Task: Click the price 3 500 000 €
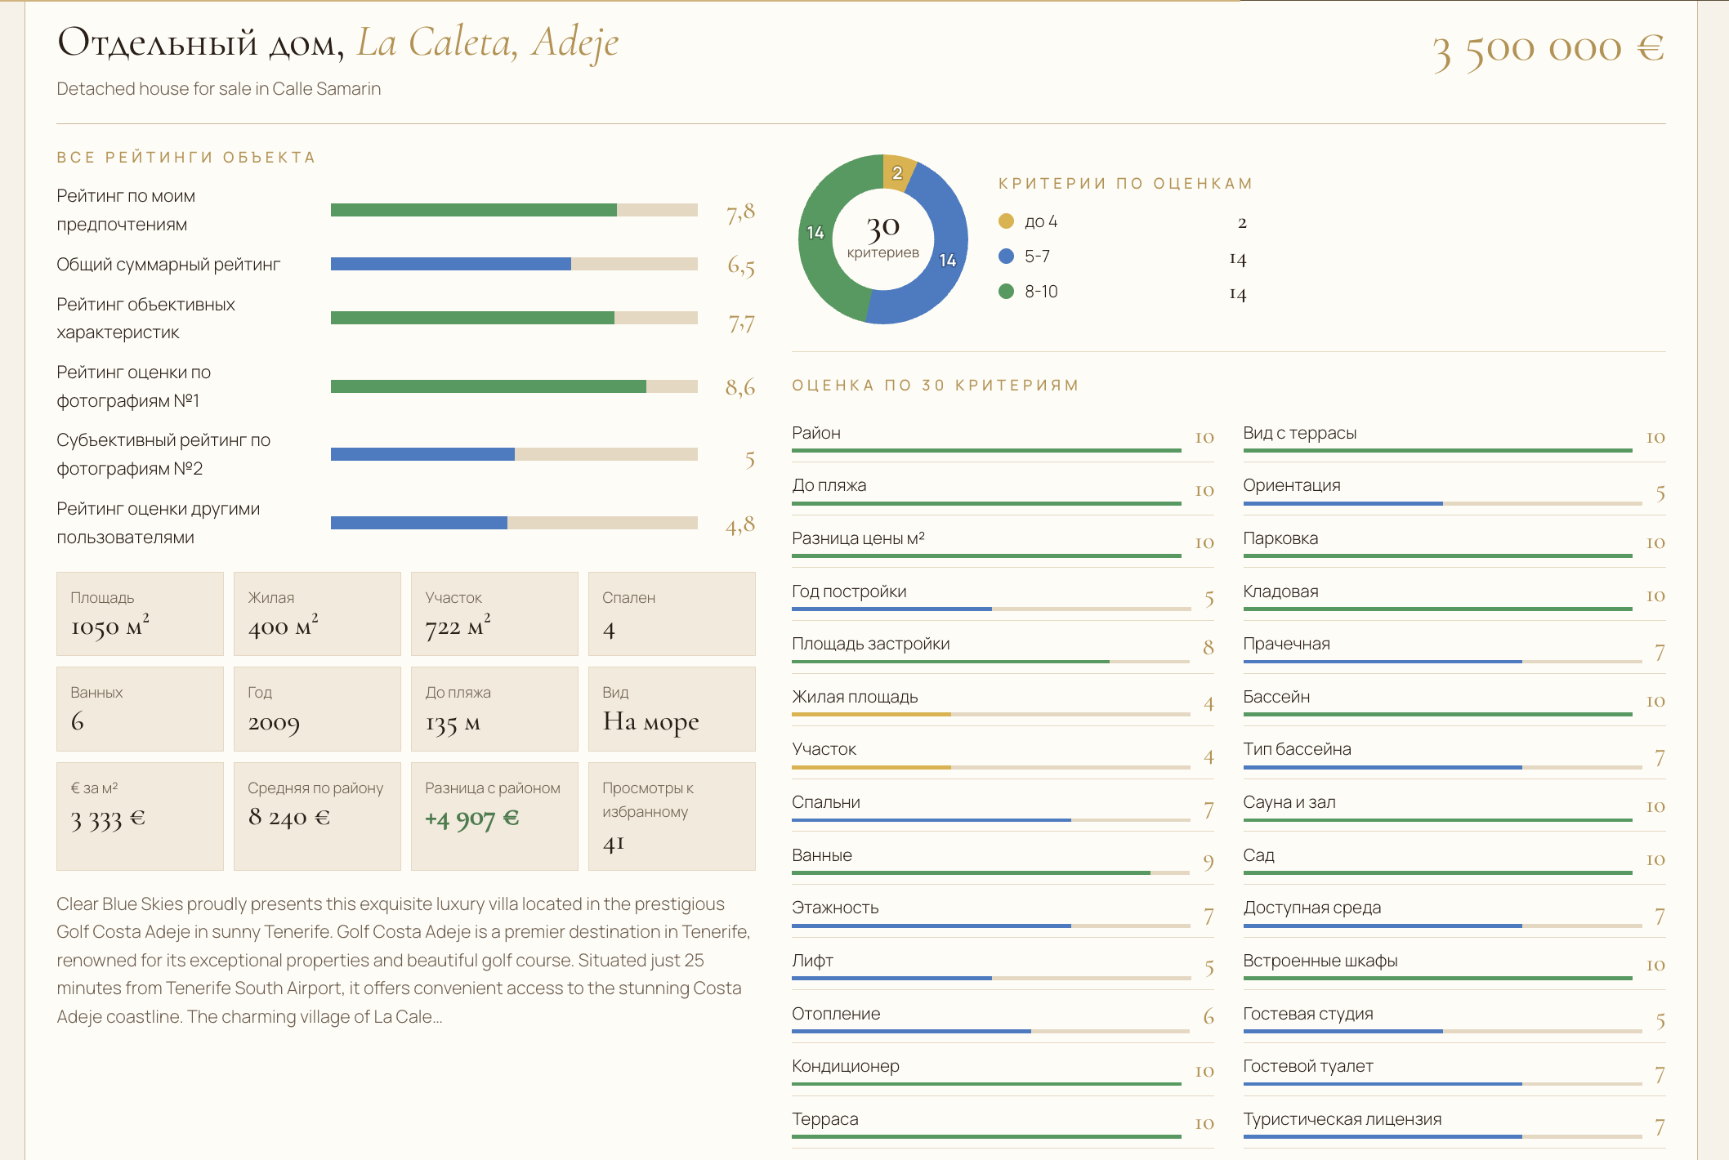point(1548,50)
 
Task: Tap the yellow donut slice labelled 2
point(897,172)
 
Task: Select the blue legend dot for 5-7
point(1006,257)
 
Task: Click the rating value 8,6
point(740,386)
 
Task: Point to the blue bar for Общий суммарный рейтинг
point(451,264)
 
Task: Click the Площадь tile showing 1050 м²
point(140,613)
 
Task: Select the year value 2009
point(274,723)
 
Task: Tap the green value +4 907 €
point(471,818)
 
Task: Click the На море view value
point(651,721)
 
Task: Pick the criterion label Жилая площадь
point(855,697)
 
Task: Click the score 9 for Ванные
point(1209,862)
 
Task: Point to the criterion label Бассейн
point(1276,697)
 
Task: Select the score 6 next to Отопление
point(1209,1016)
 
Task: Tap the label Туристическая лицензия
point(1343,1119)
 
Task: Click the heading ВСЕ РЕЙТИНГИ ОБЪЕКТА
point(185,157)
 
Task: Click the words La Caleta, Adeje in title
point(488,42)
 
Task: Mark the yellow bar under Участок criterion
point(871,767)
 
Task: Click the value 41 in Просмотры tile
point(614,843)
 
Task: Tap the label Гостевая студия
point(1308,1014)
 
